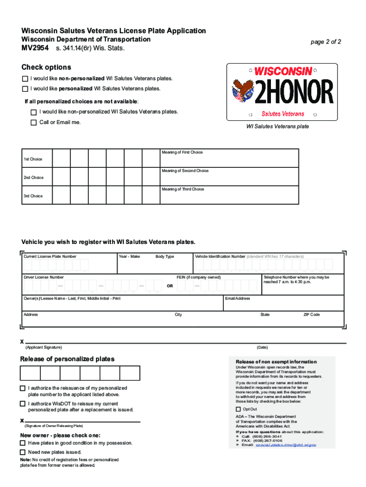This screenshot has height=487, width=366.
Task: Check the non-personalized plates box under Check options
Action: pos(25,78)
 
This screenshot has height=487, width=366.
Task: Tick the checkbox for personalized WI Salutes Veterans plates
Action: pos(25,89)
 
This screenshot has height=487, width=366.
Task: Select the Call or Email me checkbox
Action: pos(33,123)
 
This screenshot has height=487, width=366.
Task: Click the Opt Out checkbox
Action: pos(238,409)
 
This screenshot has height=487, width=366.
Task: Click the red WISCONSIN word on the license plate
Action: pos(283,71)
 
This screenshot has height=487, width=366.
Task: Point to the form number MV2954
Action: pos(34,49)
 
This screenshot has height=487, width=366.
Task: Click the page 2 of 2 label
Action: pos(326,42)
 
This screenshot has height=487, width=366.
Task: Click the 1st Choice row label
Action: pos(33,159)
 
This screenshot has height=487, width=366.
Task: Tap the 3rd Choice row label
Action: pos(33,196)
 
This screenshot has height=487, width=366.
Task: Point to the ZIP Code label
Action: pos(311,315)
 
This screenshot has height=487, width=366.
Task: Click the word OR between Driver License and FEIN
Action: pos(170,286)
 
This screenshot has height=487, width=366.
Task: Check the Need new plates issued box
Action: pos(22,452)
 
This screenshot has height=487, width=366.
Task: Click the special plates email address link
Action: pos(286,445)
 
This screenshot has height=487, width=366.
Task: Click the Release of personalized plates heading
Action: pos(67,359)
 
